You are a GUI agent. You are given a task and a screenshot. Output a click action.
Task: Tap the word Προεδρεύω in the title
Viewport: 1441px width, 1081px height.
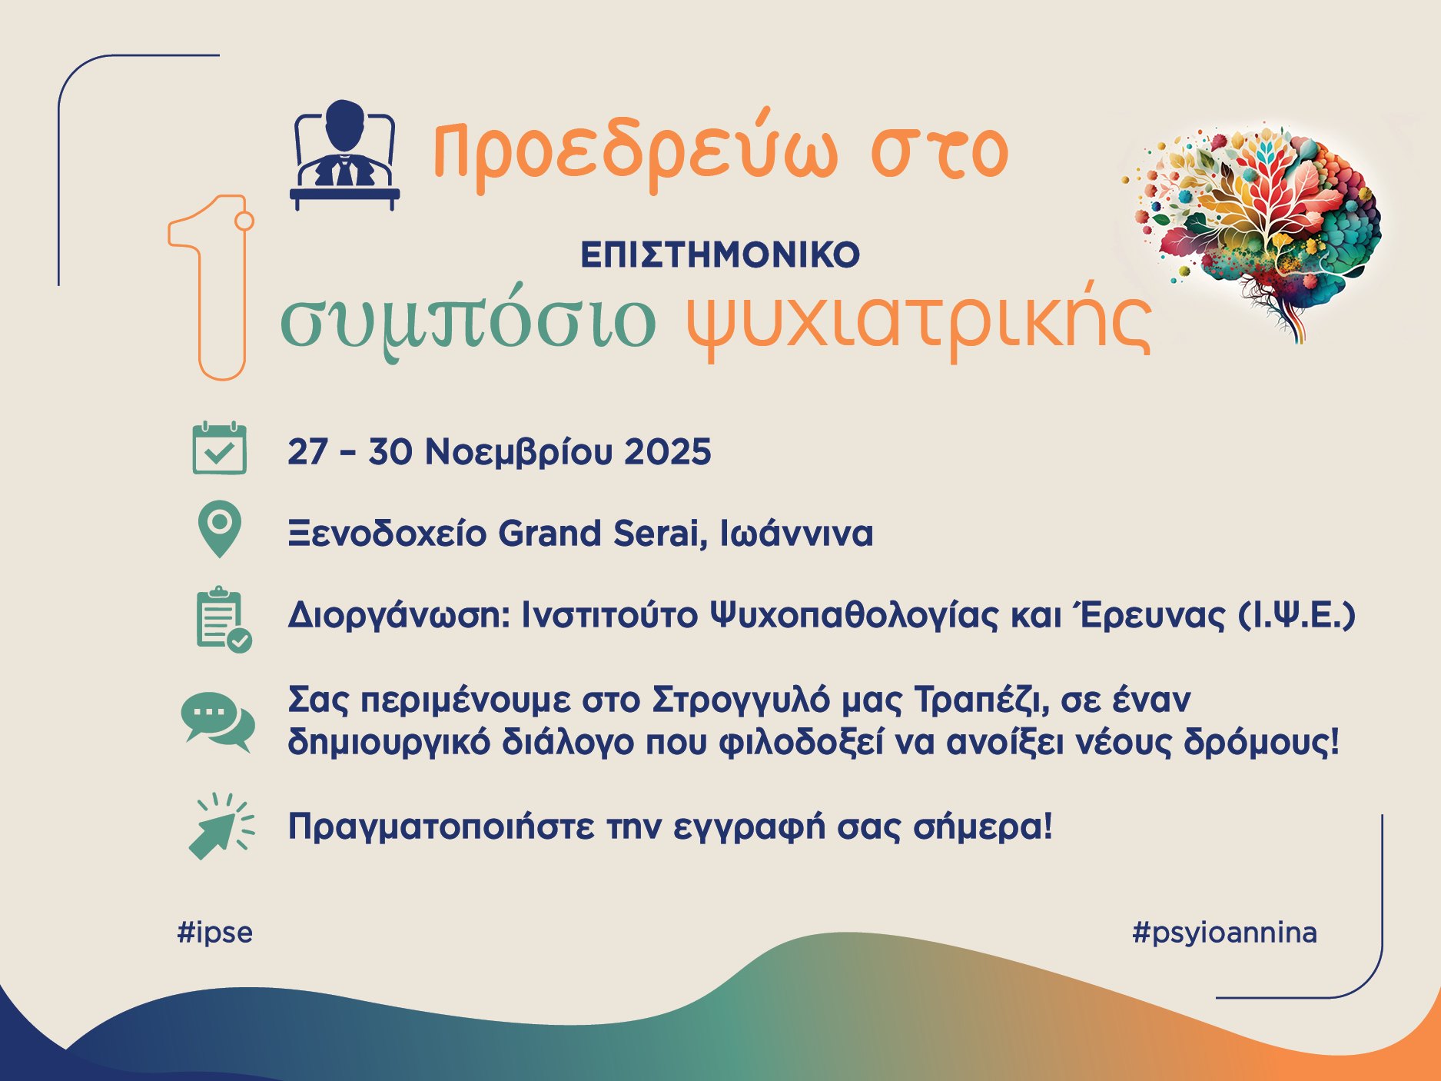[636, 151]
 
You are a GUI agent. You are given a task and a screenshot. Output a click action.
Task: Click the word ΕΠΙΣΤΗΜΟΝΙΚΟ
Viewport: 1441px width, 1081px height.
[720, 255]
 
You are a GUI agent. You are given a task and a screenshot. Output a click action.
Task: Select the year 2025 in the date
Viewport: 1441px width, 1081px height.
[668, 451]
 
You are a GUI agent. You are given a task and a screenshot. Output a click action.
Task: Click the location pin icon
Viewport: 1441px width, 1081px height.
[220, 529]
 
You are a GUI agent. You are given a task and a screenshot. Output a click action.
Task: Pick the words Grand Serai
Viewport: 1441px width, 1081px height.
[603, 533]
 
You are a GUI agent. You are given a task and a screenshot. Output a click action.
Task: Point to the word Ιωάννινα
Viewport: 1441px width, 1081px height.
[796, 533]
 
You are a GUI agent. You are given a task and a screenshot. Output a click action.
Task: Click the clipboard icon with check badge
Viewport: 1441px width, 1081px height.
[224, 619]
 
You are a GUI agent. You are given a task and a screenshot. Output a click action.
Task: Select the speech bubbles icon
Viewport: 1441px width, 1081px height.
[218, 722]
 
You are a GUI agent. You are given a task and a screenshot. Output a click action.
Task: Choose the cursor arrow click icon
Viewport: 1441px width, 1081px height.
[221, 826]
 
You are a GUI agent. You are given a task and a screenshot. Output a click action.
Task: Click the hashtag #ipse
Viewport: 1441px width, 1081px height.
[215, 933]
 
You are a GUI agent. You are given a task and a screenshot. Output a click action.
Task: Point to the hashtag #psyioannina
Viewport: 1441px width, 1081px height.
[1225, 933]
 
